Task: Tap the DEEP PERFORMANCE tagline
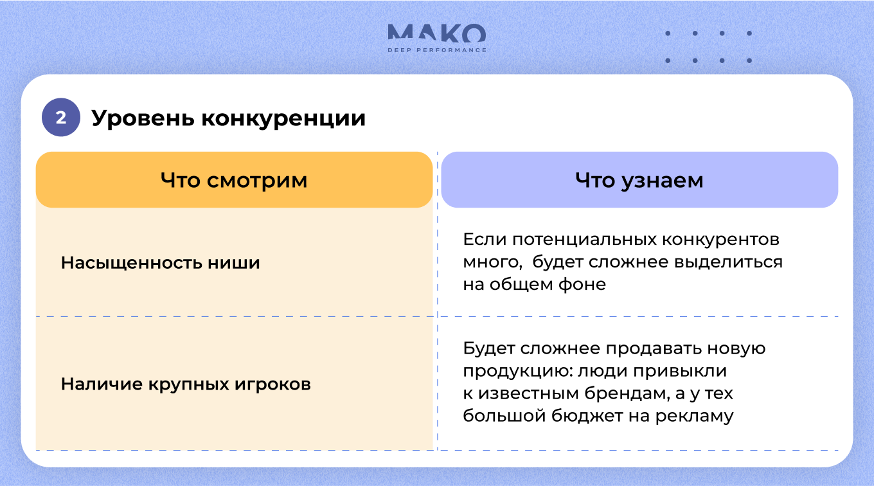pyautogui.click(x=437, y=50)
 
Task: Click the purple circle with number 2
pyautogui.click(x=61, y=117)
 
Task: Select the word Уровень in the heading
pyautogui.click(x=143, y=118)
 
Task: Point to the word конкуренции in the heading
pyautogui.click(x=283, y=118)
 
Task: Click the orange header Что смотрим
pyautogui.click(x=234, y=179)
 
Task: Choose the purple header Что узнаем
pyautogui.click(x=639, y=179)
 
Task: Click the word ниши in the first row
pyautogui.click(x=234, y=263)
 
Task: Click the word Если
pyautogui.click(x=484, y=239)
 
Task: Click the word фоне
pyautogui.click(x=582, y=285)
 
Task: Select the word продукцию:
pyautogui.click(x=518, y=371)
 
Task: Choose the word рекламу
pyautogui.click(x=695, y=417)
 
